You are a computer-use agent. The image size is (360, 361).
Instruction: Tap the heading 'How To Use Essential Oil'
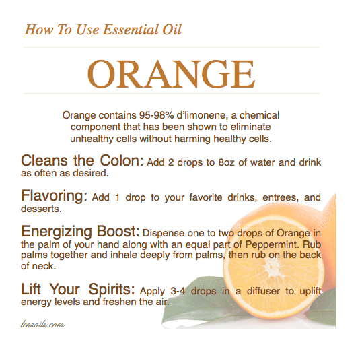[x=103, y=29]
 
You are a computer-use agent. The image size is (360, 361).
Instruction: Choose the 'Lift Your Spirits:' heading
[x=78, y=290]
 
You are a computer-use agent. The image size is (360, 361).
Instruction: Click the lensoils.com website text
[x=44, y=325]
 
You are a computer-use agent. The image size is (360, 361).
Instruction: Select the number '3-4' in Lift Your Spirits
[x=173, y=292]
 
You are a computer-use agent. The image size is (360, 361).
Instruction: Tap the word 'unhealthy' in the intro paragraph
[x=92, y=139]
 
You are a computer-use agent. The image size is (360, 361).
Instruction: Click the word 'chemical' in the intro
[x=256, y=116]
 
